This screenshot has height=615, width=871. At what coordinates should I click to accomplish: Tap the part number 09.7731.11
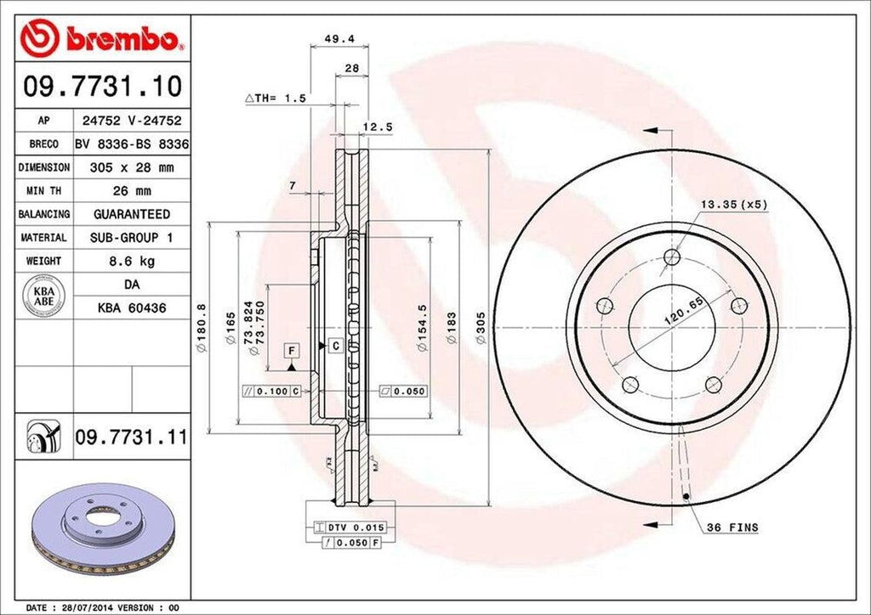[130, 437]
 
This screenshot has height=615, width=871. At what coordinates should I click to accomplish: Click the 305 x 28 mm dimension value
[130, 168]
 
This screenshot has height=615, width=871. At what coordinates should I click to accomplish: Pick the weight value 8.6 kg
[130, 261]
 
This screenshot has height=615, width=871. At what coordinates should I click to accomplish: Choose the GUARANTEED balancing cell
[130, 214]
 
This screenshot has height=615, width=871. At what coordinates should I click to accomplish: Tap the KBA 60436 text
[130, 308]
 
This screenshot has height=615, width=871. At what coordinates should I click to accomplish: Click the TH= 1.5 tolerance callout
[276, 99]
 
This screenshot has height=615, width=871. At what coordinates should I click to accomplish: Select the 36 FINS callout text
[732, 528]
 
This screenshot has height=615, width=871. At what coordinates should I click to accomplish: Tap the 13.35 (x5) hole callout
[734, 205]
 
